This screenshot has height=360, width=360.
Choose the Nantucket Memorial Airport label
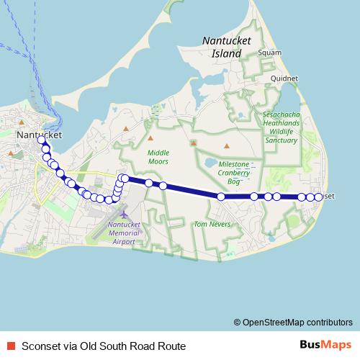pyautogui.click(x=124, y=233)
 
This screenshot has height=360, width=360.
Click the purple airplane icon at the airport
pyautogui.click(x=124, y=215)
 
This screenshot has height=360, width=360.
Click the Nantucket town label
pyautogui.click(x=38, y=135)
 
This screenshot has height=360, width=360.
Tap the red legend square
pyautogui.click(x=10, y=346)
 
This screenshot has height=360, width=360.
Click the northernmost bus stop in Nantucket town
pyautogui.click(x=42, y=140)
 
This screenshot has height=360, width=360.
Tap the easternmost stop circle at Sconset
pyautogui.click(x=318, y=197)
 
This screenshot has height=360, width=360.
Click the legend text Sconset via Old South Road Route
pyautogui.click(x=104, y=346)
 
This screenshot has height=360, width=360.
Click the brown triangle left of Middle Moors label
pyautogui.click(x=126, y=130)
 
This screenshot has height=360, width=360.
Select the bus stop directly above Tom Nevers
pyautogui.click(x=221, y=196)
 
